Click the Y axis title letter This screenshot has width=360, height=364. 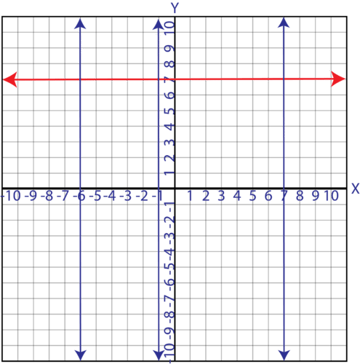click(x=175, y=7)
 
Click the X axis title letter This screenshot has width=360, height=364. click(x=355, y=189)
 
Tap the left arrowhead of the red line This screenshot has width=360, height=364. click(x=9, y=79)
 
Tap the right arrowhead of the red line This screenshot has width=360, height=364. click(x=339, y=78)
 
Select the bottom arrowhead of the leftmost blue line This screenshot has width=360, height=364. click(x=80, y=354)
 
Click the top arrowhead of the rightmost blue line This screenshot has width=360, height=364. click(x=284, y=23)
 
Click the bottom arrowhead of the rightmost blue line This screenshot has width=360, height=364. click(x=284, y=354)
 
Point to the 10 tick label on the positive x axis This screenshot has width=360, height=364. click(x=332, y=195)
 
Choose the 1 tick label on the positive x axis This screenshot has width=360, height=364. click(x=190, y=195)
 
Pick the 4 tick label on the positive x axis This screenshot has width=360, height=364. click(x=236, y=195)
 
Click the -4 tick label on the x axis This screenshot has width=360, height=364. click(x=111, y=195)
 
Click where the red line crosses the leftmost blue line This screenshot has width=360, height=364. click(x=80, y=79)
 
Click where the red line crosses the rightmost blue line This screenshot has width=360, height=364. click(x=284, y=79)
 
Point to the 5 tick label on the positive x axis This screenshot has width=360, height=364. click(x=252, y=195)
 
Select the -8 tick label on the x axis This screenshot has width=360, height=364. click(x=49, y=195)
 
